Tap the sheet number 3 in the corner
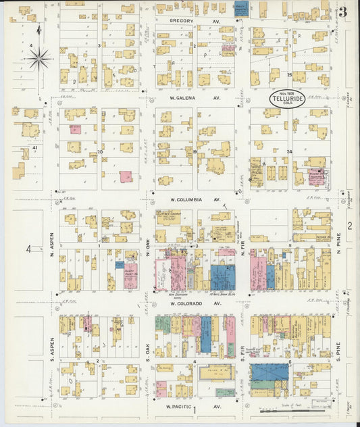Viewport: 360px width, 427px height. [344, 11]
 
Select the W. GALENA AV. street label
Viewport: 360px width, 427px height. [195, 97]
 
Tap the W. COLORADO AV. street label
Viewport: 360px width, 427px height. [195, 304]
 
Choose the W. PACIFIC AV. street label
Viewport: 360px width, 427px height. [194, 407]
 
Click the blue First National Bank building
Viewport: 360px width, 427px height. [222, 278]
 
